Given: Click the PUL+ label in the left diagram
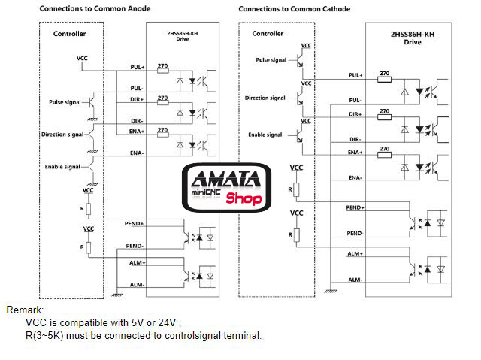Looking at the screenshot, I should (136, 67).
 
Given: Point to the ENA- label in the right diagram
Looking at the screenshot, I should (355, 177).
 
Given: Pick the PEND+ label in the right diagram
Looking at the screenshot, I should (355, 207).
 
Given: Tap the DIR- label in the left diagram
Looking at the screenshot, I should (136, 120).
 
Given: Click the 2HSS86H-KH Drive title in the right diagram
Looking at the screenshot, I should (413, 38).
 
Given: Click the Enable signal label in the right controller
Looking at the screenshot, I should (264, 135).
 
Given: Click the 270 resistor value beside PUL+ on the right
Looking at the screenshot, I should (384, 74).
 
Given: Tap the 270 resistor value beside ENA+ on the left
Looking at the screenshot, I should (162, 130).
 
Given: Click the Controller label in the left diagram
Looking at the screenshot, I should (69, 34).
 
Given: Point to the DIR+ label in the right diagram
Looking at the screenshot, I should (355, 113).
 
